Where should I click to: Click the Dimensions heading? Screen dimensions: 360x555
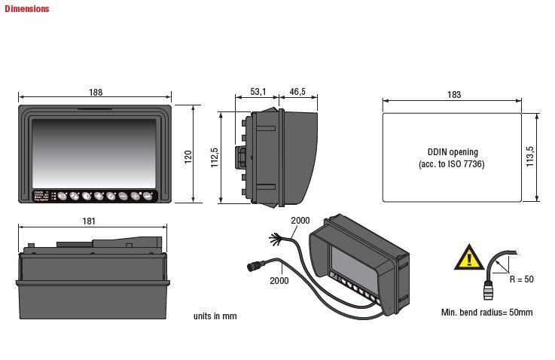[x=27, y=9]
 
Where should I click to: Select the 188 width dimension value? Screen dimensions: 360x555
[x=95, y=92]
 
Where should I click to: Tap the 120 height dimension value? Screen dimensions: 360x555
[x=188, y=156]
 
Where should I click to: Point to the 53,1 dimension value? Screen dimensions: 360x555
[x=258, y=92]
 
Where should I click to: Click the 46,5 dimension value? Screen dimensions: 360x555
[x=297, y=92]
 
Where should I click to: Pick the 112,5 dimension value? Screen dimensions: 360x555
[x=214, y=158]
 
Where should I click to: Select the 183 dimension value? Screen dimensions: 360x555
[x=453, y=95]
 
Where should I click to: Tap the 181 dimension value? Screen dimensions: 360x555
[x=89, y=221]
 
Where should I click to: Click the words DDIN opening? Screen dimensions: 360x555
[x=452, y=151]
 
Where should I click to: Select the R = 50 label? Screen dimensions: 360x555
[x=521, y=279]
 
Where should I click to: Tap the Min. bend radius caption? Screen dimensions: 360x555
[x=486, y=312]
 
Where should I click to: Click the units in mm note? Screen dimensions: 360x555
[x=215, y=316]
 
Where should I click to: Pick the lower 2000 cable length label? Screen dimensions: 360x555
[x=279, y=279]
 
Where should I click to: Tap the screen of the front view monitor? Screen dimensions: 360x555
[x=94, y=151]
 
